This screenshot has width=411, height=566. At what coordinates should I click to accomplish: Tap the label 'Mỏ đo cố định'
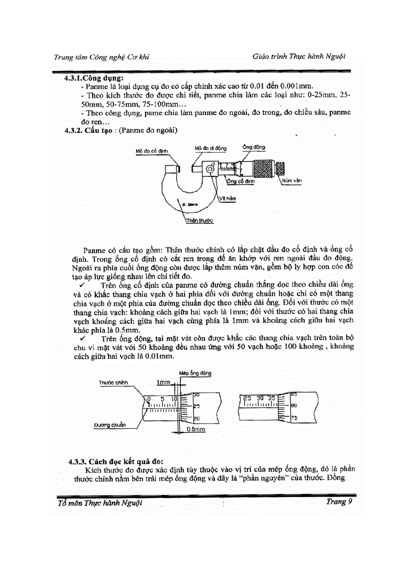pos(152,150)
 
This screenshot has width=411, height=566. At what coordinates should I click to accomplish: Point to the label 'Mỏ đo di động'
pos(211,148)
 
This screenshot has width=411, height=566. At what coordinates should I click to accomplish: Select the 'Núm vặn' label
pos(292,180)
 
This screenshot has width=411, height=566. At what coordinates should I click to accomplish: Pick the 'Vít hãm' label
pos(227,199)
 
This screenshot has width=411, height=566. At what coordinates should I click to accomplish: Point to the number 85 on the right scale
pos(293,394)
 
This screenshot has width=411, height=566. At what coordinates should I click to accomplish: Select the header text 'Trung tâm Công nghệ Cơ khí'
pos(101,57)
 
